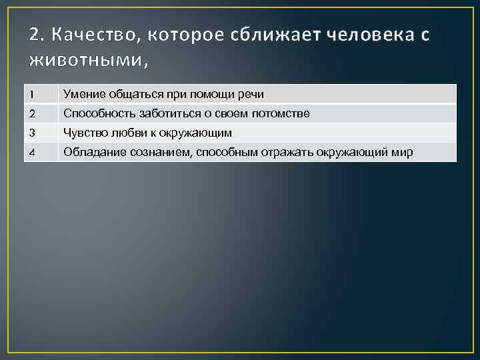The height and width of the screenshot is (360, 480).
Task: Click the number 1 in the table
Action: click(31, 94)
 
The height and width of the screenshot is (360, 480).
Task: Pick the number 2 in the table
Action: click(31, 113)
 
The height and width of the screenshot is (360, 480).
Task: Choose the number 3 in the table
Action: click(31, 133)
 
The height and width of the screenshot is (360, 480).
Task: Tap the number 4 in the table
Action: click(31, 153)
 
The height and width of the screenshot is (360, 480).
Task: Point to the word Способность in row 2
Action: click(99, 113)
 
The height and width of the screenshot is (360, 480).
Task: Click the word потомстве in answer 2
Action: click(282, 113)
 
